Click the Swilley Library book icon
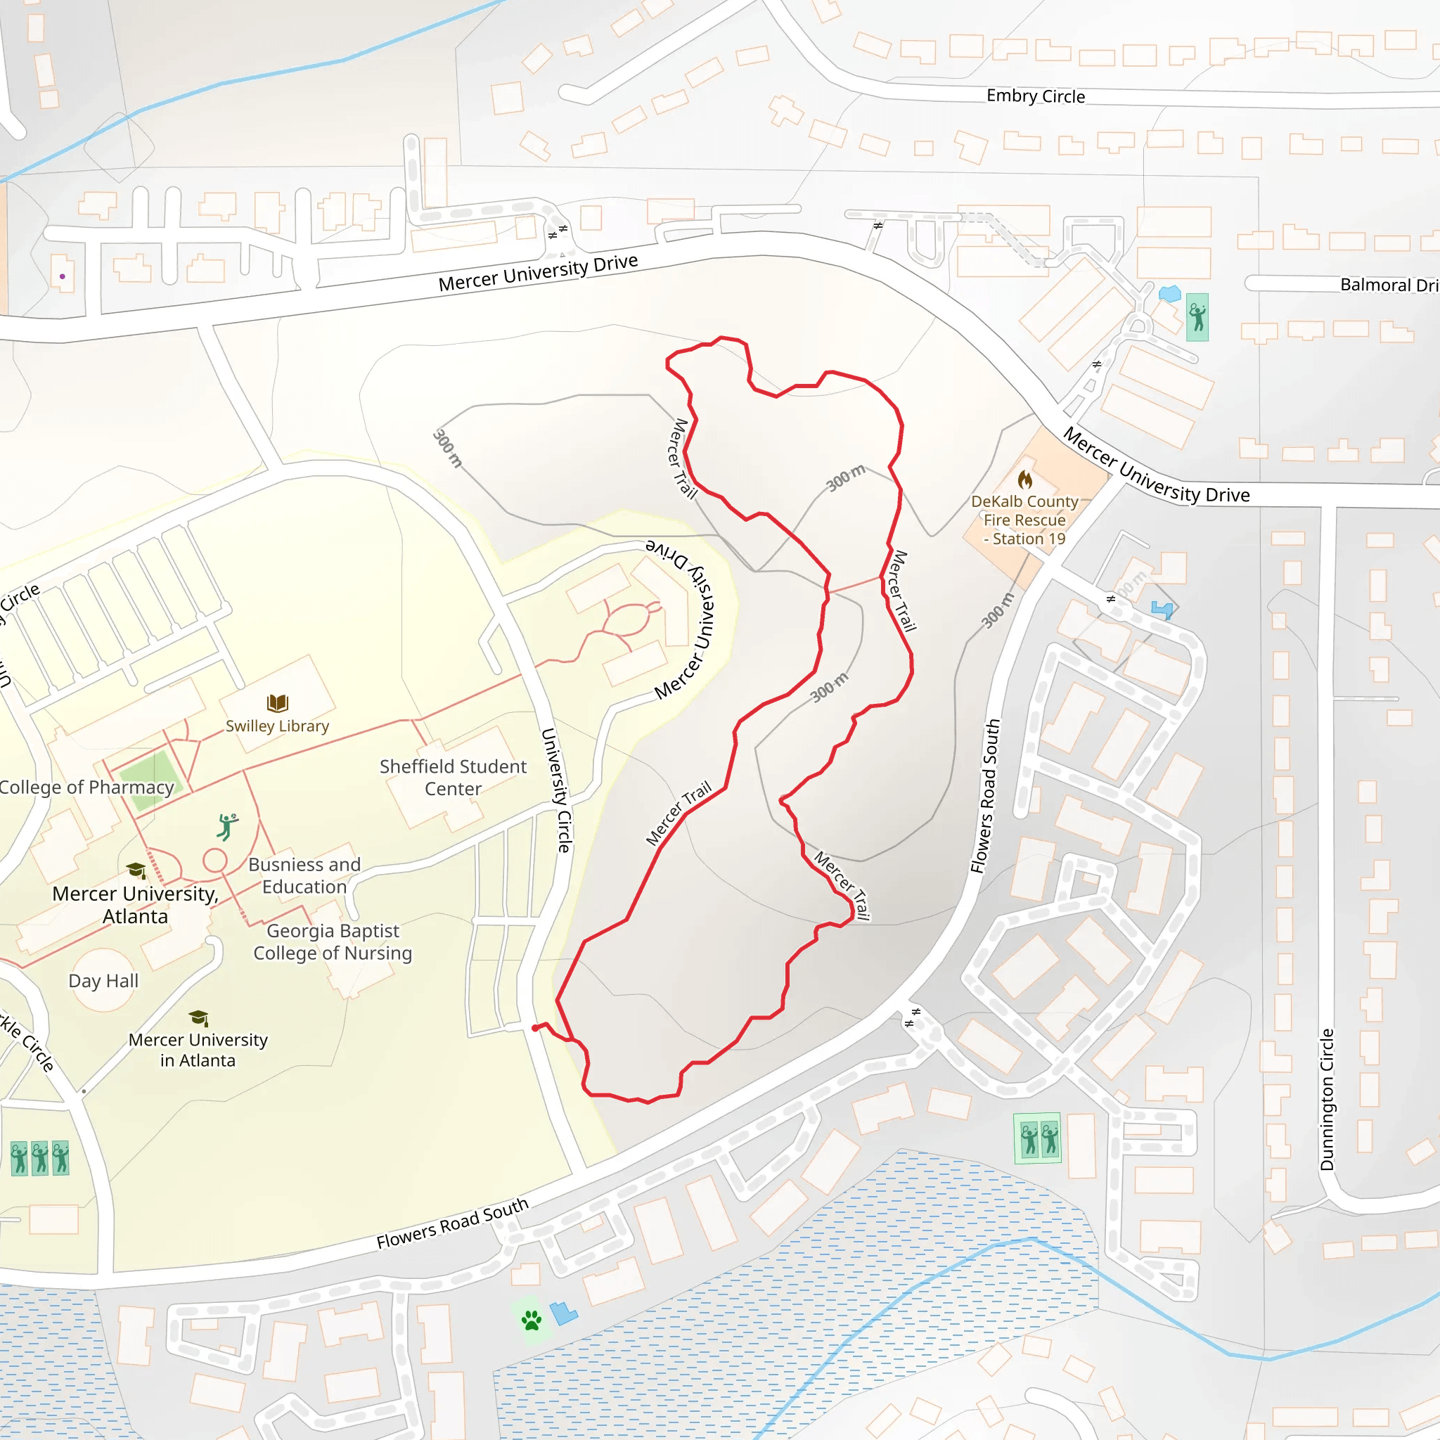click(x=277, y=703)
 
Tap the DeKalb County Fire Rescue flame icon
click(x=1026, y=480)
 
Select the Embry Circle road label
click(x=1035, y=96)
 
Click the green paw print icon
click(x=532, y=1321)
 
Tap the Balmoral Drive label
click(x=1389, y=285)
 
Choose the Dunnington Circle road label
click(x=1327, y=1100)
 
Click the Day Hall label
click(x=103, y=981)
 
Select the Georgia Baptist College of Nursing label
click(x=333, y=942)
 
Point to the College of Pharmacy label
click(x=86, y=787)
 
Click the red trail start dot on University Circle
click(x=535, y=1029)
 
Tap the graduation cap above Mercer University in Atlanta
click(x=198, y=1018)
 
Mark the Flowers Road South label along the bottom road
click(x=452, y=1223)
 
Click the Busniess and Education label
click(x=304, y=876)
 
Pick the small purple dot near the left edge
click(x=63, y=276)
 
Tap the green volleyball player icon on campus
click(x=227, y=827)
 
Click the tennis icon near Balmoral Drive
click(x=1197, y=318)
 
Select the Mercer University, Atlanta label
click(x=135, y=905)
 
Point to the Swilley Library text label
click(x=277, y=726)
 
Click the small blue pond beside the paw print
click(x=563, y=1313)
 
